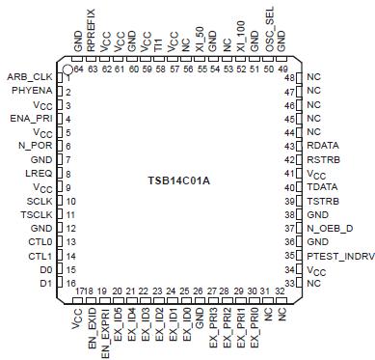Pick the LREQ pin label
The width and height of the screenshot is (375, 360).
40,173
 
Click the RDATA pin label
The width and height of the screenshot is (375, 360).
323,146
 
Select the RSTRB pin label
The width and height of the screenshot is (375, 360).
323,159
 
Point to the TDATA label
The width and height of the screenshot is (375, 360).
323,186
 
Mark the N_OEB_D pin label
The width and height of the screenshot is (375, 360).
328,228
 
